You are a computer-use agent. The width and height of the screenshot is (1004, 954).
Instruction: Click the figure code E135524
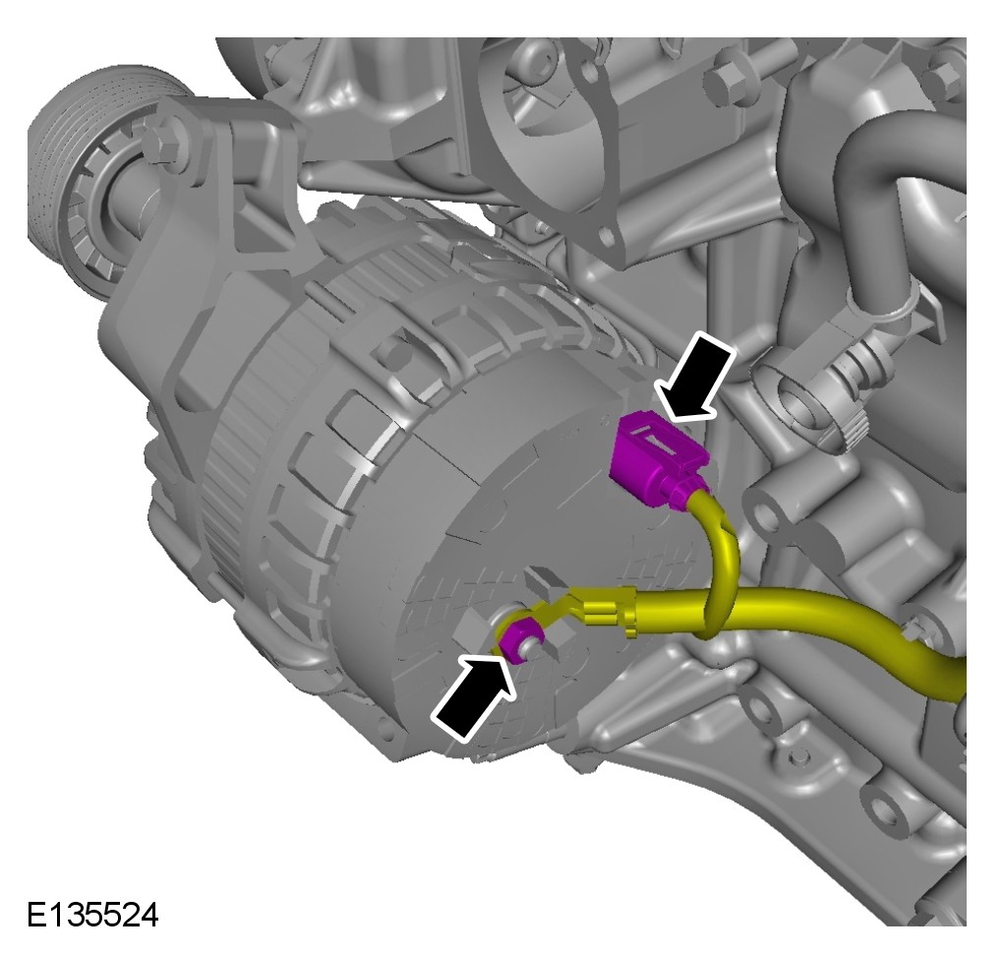click(92, 915)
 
